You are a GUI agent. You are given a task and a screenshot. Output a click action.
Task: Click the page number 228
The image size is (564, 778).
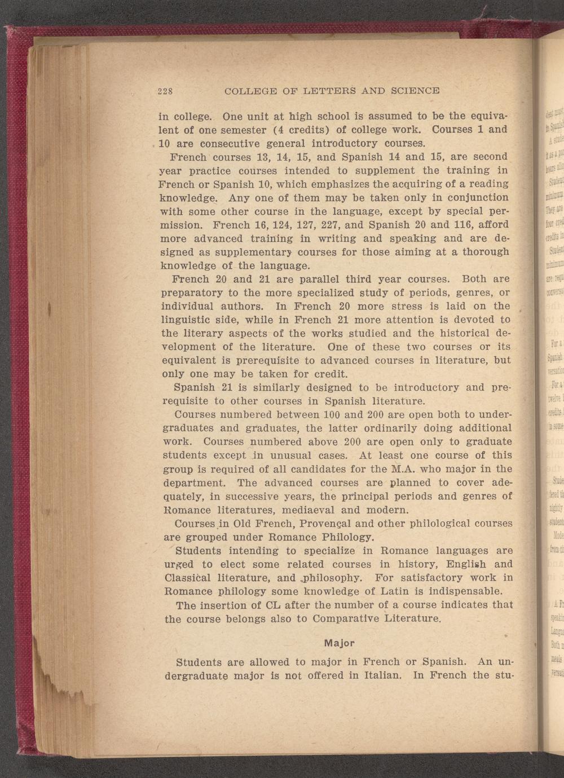165,90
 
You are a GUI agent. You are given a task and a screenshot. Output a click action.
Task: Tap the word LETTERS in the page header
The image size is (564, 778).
327,90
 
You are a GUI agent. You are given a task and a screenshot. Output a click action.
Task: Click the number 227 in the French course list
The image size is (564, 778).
321,225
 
